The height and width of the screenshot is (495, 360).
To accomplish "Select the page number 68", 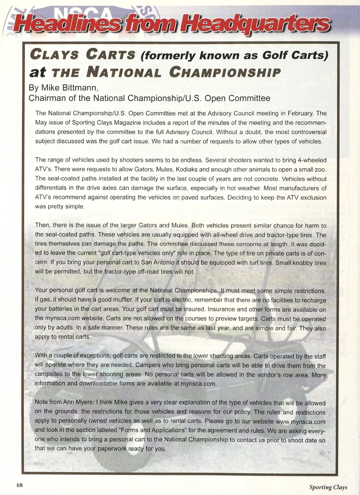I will coord(20,485).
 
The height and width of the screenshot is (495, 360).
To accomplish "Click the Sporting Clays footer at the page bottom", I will coord(328,487).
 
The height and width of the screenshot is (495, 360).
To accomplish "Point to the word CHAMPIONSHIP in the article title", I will coord(225,73).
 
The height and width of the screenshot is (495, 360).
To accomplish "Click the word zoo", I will coord(320,169).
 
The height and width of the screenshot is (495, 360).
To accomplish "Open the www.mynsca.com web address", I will coord(300,421).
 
